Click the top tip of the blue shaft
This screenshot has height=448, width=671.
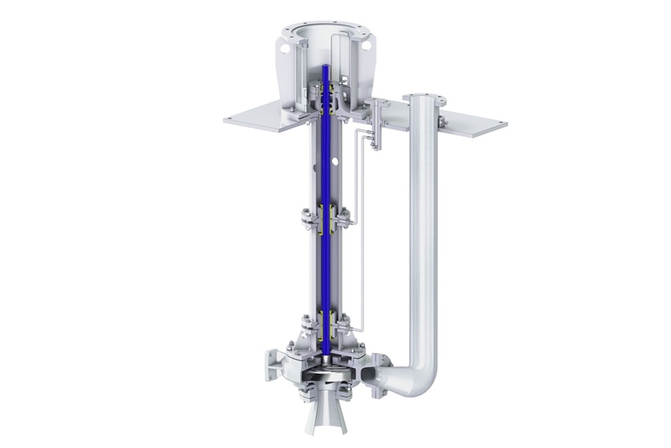[x=325, y=69]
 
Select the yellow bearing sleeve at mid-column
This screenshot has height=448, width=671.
[x=325, y=220]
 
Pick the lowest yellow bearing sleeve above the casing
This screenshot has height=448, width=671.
[x=325, y=324]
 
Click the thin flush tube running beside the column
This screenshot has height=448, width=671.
[x=353, y=180]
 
